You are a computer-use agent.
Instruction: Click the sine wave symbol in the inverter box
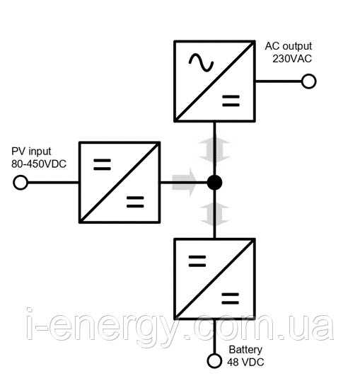[x=201, y=63]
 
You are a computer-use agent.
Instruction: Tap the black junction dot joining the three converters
[x=214, y=183]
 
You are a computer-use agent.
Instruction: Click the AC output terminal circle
[x=309, y=81]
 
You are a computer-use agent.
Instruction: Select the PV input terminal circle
[x=21, y=183]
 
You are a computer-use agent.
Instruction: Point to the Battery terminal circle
[x=214, y=361]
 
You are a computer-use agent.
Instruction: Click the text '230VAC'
[x=292, y=59]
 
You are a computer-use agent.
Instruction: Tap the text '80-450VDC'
[x=39, y=164]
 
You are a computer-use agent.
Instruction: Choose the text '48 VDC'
[x=245, y=363]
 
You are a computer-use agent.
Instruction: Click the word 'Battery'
[x=245, y=350]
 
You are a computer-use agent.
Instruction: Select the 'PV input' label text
[x=31, y=152]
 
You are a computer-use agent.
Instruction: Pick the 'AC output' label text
[x=289, y=46]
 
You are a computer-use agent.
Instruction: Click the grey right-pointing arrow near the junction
[x=184, y=183]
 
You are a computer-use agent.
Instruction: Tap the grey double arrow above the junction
[x=214, y=151]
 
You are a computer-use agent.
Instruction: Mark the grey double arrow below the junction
[x=214, y=214]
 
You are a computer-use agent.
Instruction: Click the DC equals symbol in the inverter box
[x=231, y=101]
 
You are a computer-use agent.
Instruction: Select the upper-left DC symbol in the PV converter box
[x=102, y=164]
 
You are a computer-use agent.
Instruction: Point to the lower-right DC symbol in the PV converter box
[x=135, y=202]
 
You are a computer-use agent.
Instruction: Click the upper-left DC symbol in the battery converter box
[x=197, y=261]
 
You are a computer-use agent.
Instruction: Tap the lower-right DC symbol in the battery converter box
[x=231, y=299]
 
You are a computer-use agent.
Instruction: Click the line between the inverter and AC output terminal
[x=279, y=81]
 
